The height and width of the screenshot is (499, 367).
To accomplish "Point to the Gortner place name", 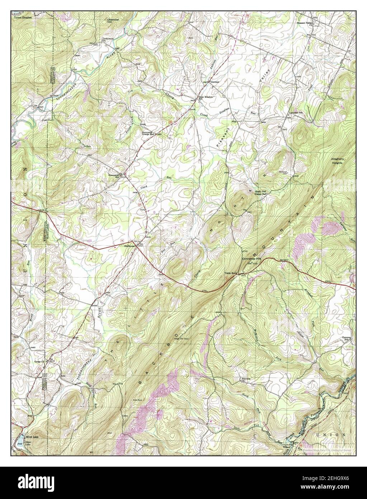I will point(215,82).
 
